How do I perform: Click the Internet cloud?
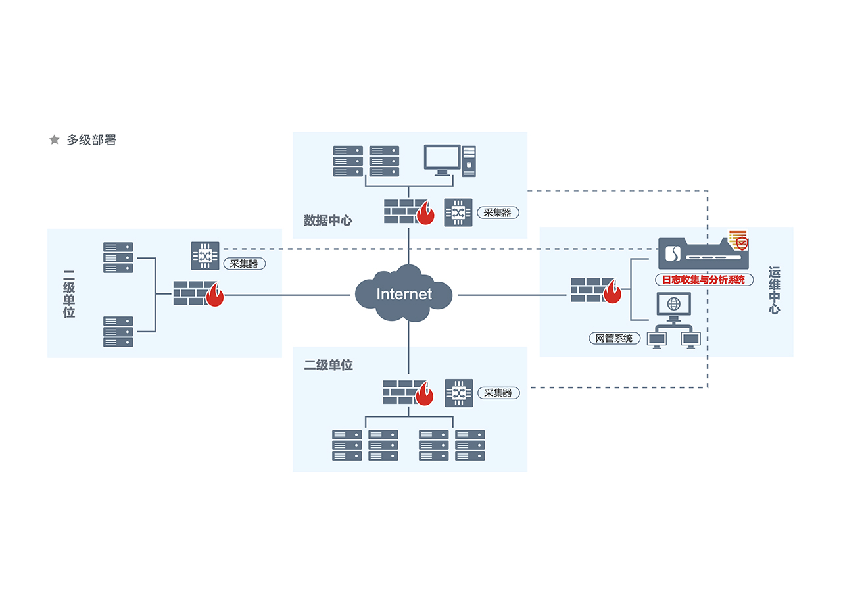pyautogui.click(x=404, y=293)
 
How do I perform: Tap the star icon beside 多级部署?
pyautogui.click(x=55, y=140)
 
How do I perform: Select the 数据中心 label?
pyautogui.click(x=327, y=220)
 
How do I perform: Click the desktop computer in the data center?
pyautogui.click(x=449, y=161)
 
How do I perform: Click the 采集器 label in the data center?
pyautogui.click(x=498, y=212)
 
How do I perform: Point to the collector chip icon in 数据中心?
pyautogui.click(x=458, y=212)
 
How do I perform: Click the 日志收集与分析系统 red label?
pyautogui.click(x=704, y=280)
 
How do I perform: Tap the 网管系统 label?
pyautogui.click(x=614, y=338)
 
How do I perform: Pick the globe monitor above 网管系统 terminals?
pyautogui.click(x=673, y=305)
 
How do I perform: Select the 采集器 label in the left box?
pyautogui.click(x=244, y=264)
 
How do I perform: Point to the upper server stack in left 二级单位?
pyautogui.click(x=118, y=257)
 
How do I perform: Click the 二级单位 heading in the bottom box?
pyautogui.click(x=328, y=365)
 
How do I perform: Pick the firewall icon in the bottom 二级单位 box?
pyautogui.click(x=408, y=392)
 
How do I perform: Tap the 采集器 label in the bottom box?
pyautogui.click(x=498, y=393)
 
